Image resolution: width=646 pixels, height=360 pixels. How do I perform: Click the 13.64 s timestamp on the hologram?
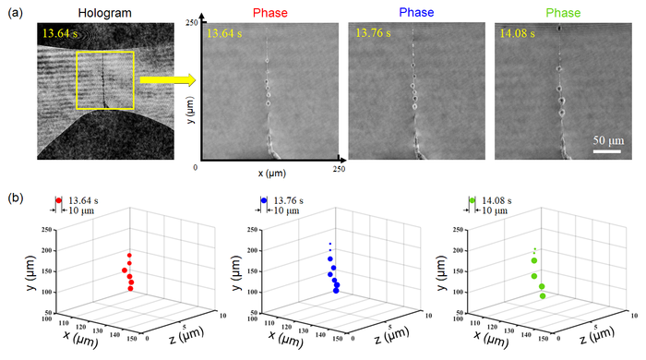60,35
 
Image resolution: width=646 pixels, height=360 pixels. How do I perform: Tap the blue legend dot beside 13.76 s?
265,199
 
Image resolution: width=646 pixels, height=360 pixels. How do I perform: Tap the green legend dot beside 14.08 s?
472,199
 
